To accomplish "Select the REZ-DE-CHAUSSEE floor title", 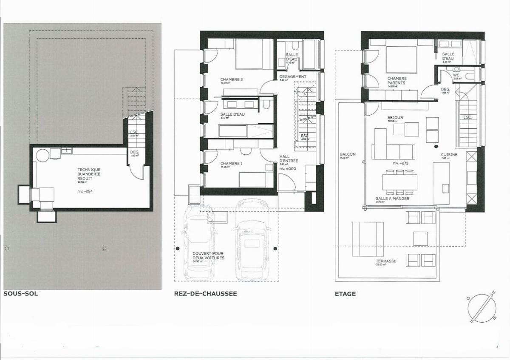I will click(205, 293).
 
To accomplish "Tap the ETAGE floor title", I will click(345, 293).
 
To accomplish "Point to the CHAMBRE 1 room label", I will click(230, 164).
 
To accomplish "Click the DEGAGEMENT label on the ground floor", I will click(292, 77).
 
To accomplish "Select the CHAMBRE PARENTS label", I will click(397, 81).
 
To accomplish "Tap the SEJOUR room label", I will click(395, 118).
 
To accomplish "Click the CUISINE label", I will click(449, 155).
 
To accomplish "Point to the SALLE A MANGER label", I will click(392, 198).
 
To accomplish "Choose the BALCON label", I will click(348, 154).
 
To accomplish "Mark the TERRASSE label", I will click(386, 261).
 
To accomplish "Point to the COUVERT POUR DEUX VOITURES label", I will click(208, 255).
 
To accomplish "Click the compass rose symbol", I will click(482, 306).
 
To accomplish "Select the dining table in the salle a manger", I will click(399, 182).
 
